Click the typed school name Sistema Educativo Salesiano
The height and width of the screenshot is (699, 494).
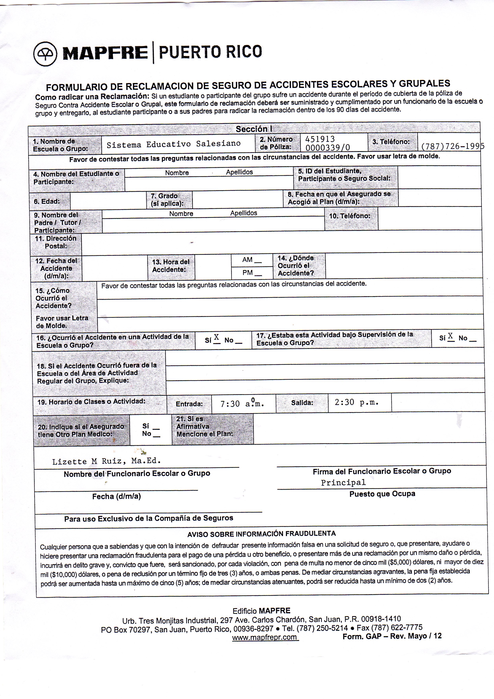tap(173, 144)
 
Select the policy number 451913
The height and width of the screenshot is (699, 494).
tap(320, 139)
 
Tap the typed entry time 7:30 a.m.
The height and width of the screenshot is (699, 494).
tap(242, 404)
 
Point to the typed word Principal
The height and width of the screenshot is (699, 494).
tap(343, 482)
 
